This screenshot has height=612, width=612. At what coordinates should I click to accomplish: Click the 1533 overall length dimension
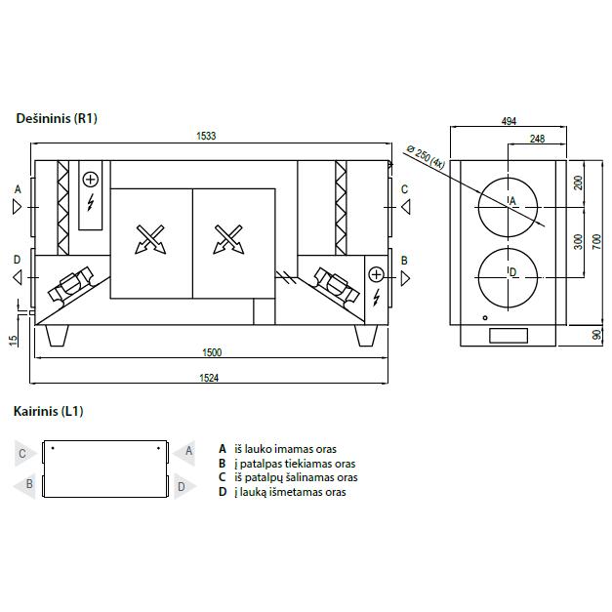point(206,136)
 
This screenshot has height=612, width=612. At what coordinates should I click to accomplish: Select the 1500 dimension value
point(212,352)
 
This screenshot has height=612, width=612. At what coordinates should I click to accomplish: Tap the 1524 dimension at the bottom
point(209,378)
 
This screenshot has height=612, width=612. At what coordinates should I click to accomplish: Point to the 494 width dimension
point(509,121)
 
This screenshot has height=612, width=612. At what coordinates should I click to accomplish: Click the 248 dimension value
point(537,139)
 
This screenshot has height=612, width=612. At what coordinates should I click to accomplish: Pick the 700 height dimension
point(596,242)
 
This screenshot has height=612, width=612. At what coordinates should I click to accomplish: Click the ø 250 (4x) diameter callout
point(425,156)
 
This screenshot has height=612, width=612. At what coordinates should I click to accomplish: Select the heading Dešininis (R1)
point(57,118)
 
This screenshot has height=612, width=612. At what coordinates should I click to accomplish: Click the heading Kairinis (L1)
point(49,411)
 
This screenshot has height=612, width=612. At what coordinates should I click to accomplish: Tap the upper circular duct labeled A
point(508,207)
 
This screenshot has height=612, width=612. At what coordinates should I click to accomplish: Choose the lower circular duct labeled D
point(508,277)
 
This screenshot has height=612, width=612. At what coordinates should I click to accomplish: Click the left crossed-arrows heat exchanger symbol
point(150,239)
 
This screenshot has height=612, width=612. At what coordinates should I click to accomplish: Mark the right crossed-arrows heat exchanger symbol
point(228,239)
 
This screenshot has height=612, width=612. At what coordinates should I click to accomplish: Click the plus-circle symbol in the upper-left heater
point(91,180)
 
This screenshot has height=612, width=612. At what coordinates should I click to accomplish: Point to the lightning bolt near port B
point(376,298)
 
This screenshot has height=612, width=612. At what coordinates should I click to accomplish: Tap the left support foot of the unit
point(57,335)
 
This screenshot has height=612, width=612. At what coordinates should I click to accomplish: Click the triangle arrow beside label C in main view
point(406,207)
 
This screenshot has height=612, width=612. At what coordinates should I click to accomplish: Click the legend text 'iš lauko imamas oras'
point(285,449)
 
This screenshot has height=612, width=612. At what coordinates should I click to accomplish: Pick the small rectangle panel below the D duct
point(509,336)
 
